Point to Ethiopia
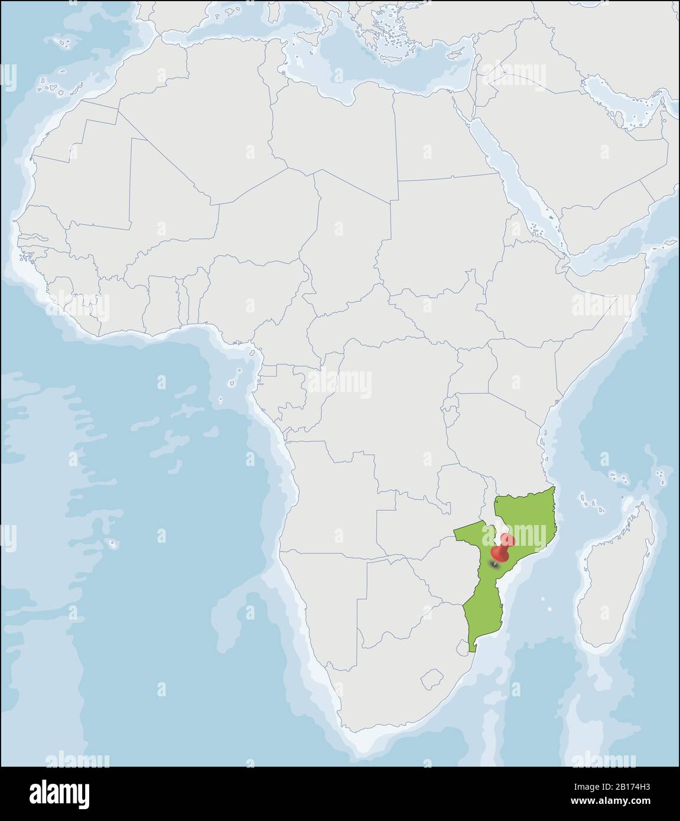(x=532, y=278)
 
